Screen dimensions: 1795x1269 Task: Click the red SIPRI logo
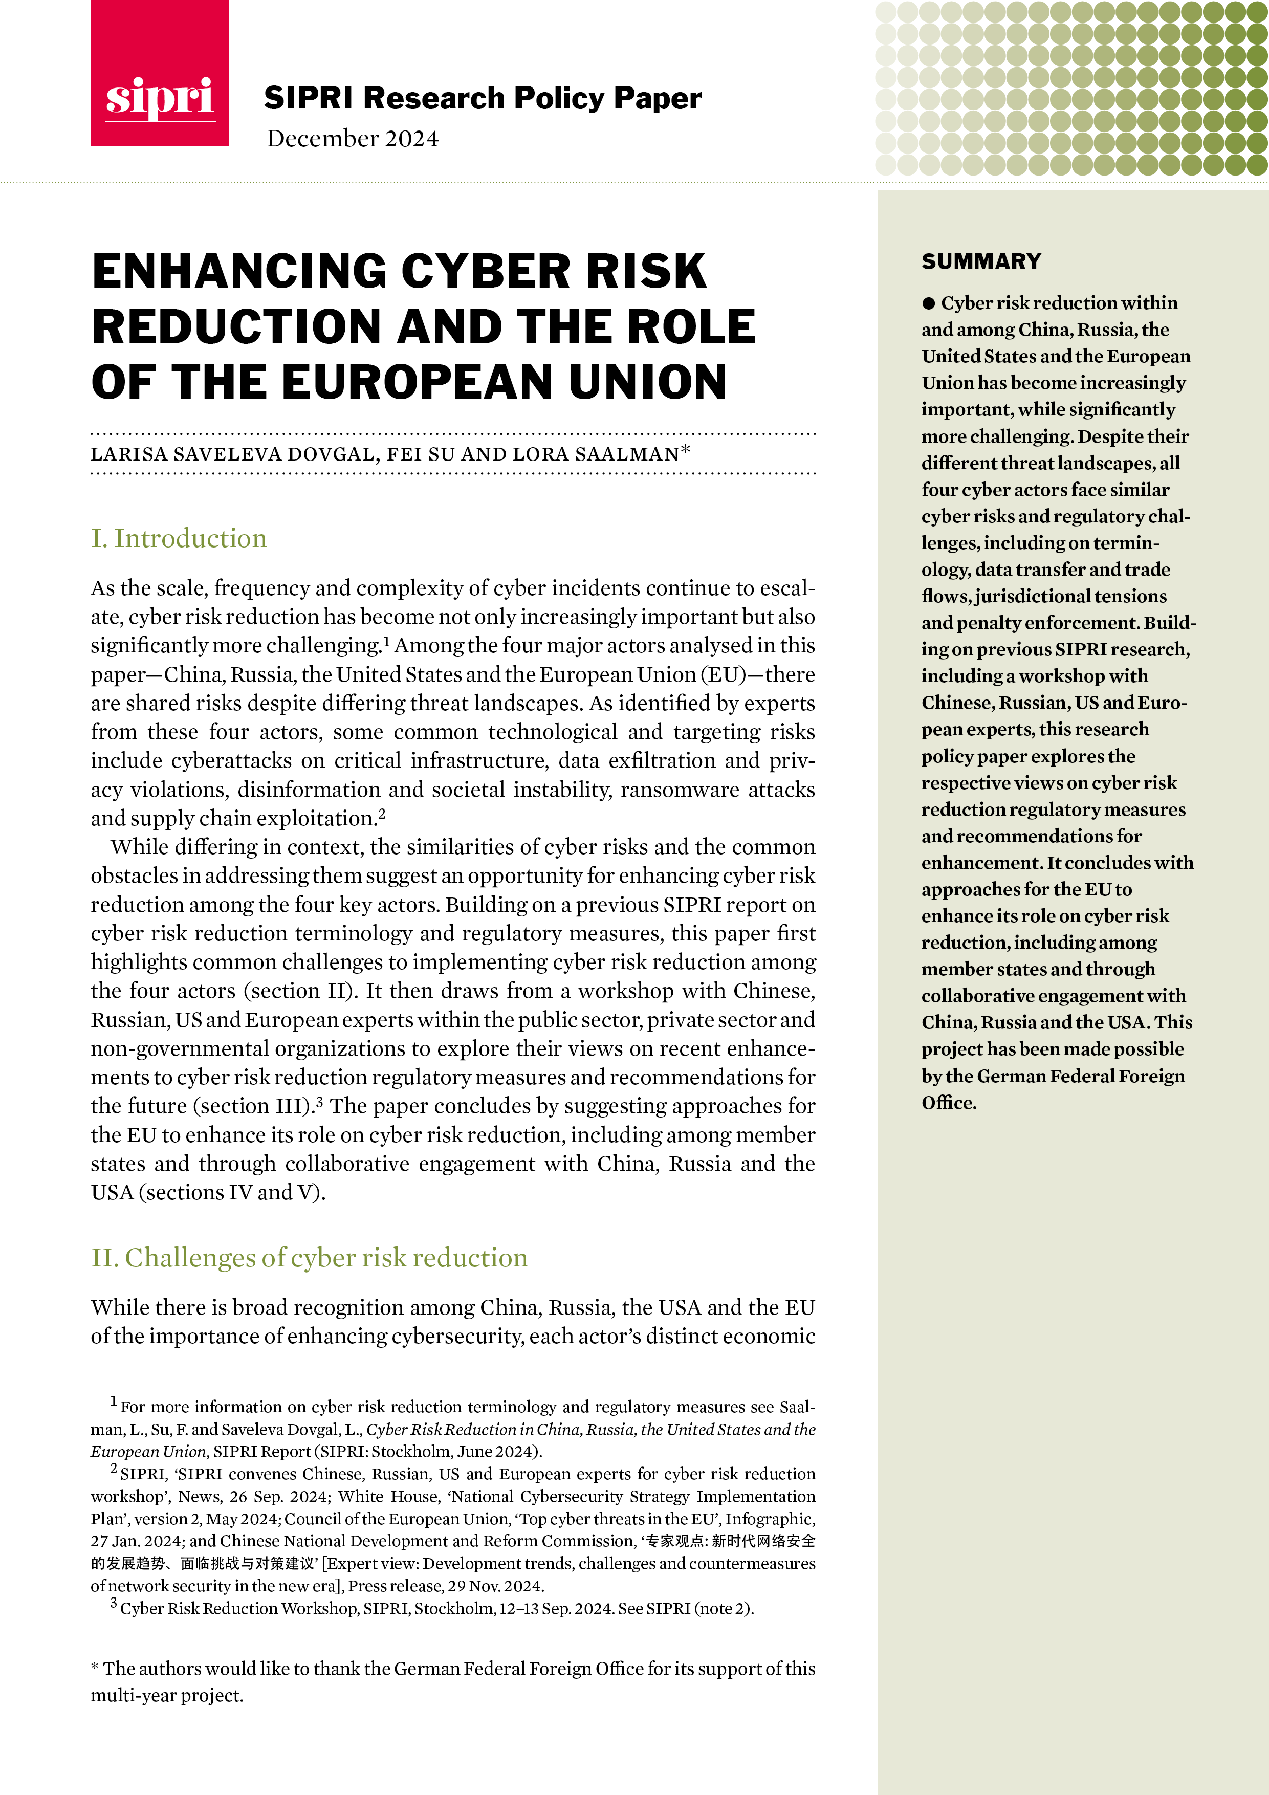click(160, 74)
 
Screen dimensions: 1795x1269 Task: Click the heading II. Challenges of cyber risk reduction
click(309, 1258)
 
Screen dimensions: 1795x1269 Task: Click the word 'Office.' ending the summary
click(949, 1103)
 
